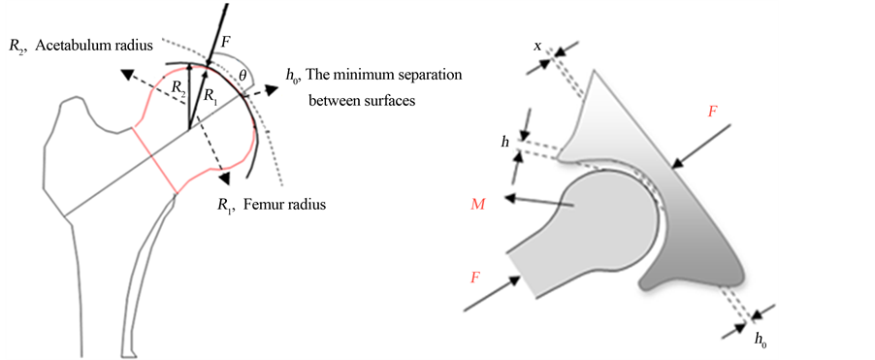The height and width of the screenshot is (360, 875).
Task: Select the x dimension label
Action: point(538,46)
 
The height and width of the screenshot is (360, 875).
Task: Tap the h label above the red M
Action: point(505,142)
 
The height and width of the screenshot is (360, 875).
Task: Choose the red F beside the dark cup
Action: point(713,113)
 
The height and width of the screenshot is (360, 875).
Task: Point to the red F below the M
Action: point(475,277)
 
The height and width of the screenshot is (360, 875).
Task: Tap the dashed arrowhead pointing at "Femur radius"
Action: point(224,178)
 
